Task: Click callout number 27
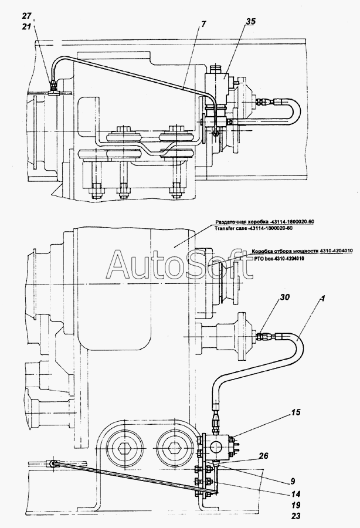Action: [28, 15]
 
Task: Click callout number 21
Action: [27, 26]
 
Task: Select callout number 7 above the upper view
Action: [204, 24]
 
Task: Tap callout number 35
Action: [250, 22]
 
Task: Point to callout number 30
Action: [284, 297]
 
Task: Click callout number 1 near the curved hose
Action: [322, 299]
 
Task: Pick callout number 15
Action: [296, 412]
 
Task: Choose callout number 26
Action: [264, 456]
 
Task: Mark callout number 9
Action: [293, 482]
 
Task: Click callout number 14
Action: [296, 495]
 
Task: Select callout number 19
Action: [296, 505]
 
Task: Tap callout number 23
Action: [296, 516]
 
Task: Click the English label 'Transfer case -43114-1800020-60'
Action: [253, 228]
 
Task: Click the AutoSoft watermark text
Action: [179, 265]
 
